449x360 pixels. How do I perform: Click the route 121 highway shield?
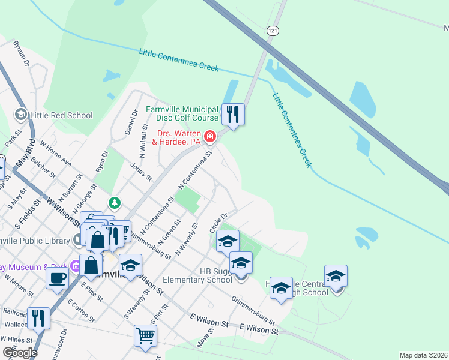pos(274,31)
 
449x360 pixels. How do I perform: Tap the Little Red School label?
pos(63,115)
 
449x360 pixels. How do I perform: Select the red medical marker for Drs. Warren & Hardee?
pos(210,137)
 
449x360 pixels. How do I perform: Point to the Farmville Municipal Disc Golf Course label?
pos(182,113)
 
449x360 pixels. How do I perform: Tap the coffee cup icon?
pos(58,278)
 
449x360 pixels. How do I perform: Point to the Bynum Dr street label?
pos(22,53)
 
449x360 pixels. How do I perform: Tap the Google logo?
pos(19,353)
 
